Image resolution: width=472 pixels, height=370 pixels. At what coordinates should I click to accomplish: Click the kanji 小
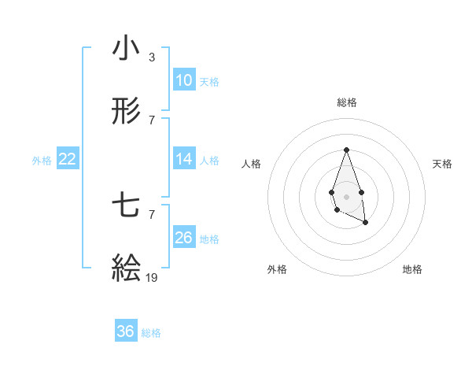pyautogui.click(x=126, y=49)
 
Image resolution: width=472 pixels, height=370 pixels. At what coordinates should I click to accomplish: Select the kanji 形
pyautogui.click(x=126, y=112)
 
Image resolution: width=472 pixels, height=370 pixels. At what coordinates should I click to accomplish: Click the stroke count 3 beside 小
pyautogui.click(x=151, y=57)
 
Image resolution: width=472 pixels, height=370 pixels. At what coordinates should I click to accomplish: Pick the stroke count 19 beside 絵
pyautogui.click(x=152, y=277)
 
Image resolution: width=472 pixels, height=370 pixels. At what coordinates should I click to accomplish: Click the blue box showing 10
pyautogui.click(x=183, y=80)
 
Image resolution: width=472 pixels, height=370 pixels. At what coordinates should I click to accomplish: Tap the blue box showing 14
pyautogui.click(x=183, y=159)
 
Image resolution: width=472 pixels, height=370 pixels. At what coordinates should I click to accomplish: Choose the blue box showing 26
pyautogui.click(x=183, y=238)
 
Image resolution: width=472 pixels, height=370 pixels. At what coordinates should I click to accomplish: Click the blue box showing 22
pyautogui.click(x=67, y=159)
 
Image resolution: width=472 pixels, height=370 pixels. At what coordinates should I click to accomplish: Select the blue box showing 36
pyautogui.click(x=125, y=331)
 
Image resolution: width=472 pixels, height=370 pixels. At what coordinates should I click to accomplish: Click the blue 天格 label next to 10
pyautogui.click(x=209, y=81)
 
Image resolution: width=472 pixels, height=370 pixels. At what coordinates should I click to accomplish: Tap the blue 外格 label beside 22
pyautogui.click(x=42, y=160)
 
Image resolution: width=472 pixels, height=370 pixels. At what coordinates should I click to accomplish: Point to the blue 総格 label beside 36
pyautogui.click(x=152, y=332)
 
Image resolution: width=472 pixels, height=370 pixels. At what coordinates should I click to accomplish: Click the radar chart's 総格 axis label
pyautogui.click(x=346, y=102)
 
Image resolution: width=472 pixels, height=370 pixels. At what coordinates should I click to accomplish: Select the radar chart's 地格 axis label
pyautogui.click(x=412, y=269)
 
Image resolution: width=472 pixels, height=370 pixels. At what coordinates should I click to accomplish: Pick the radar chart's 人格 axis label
pyautogui.click(x=252, y=164)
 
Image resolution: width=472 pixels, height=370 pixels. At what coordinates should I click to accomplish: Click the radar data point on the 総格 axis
pyautogui.click(x=346, y=150)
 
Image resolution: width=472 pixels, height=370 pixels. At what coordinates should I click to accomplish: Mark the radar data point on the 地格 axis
pyautogui.click(x=366, y=223)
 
